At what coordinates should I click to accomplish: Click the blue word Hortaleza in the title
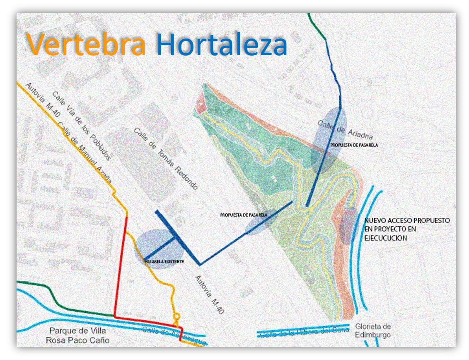tap(222, 45)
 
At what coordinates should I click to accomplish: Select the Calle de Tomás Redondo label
tap(165, 158)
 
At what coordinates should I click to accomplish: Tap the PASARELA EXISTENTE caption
tap(164, 262)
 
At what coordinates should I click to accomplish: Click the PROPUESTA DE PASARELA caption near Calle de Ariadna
tap(354, 145)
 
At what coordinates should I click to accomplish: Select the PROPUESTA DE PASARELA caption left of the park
tap(244, 215)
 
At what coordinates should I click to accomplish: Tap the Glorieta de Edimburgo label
tap(373, 331)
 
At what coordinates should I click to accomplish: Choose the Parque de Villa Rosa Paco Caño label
tap(77, 336)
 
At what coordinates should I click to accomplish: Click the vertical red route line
tap(121, 265)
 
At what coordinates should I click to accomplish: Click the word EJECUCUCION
tap(385, 238)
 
